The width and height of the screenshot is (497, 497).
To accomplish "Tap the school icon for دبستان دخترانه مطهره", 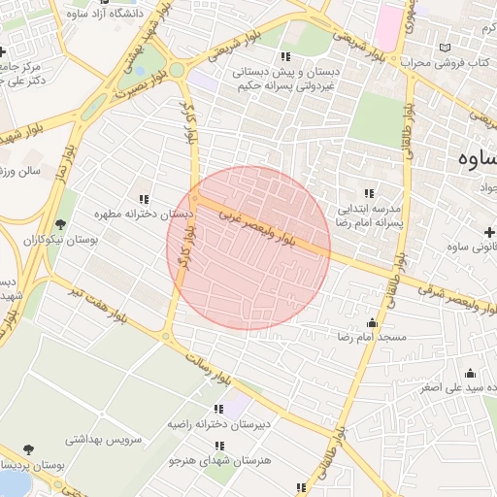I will click(145, 198).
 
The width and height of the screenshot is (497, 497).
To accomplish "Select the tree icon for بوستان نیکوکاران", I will click(61, 224).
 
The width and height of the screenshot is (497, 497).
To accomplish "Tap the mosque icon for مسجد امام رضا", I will click(372, 323).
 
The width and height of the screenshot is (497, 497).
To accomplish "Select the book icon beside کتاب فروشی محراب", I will click(446, 48).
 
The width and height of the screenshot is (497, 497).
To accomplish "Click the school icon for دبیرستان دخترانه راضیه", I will click(218, 409).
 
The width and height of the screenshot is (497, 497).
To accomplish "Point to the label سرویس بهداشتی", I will click(104, 439).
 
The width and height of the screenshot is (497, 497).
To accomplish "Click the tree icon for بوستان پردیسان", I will click(26, 448).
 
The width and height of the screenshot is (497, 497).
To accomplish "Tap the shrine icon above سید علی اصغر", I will click(471, 373).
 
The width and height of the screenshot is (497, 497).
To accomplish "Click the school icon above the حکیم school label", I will click(284, 56).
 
